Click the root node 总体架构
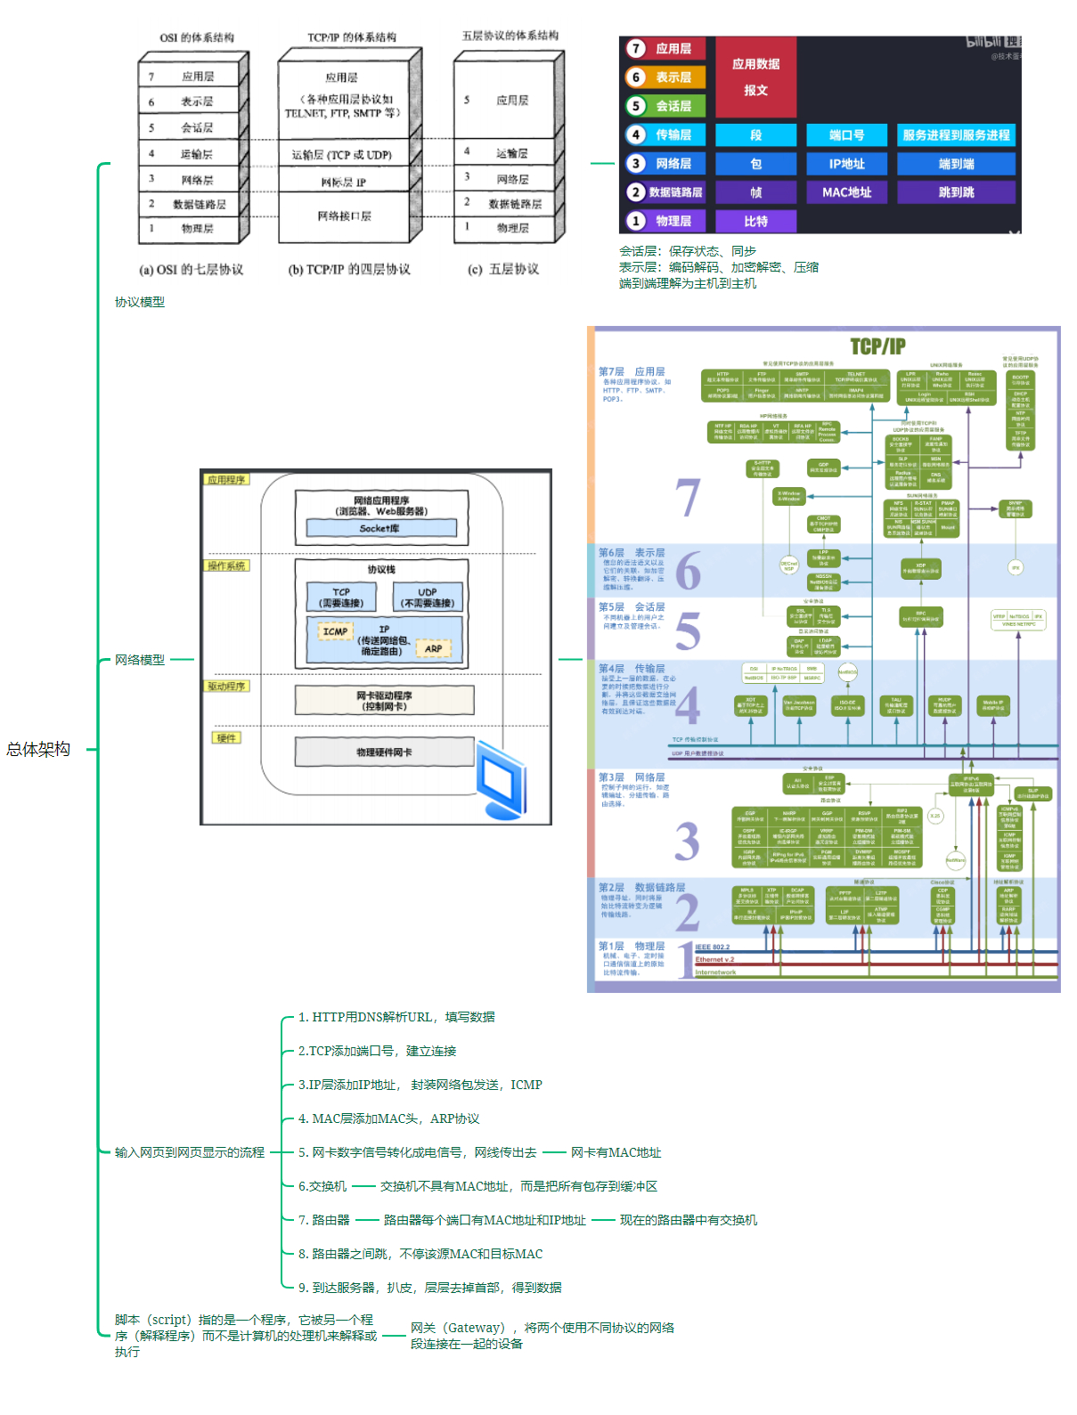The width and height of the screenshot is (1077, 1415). (38, 749)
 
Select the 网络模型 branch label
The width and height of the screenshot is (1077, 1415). (140, 660)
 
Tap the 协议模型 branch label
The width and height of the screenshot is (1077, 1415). (140, 302)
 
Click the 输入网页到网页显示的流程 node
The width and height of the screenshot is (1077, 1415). (190, 1152)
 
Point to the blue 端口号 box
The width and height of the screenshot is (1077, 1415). (846, 135)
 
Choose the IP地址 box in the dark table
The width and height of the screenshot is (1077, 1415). (846, 164)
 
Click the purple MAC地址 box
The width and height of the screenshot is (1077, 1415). (846, 192)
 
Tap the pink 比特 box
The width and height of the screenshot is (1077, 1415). (755, 221)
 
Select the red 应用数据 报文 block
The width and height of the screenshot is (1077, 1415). (755, 77)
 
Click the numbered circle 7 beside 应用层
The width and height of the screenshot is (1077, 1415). (636, 49)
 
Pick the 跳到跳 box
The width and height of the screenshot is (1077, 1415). (956, 192)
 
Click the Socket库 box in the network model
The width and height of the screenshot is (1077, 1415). (380, 528)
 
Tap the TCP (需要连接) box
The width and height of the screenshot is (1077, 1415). (341, 598)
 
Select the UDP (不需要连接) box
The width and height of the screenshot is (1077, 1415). (428, 598)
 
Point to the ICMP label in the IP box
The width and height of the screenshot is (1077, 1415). (335, 631)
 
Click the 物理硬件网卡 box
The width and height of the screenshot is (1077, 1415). (384, 752)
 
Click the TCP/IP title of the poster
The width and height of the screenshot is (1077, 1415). (877, 346)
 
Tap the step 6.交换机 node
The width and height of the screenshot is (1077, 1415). (322, 1186)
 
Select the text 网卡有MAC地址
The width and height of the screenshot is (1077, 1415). (616, 1152)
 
